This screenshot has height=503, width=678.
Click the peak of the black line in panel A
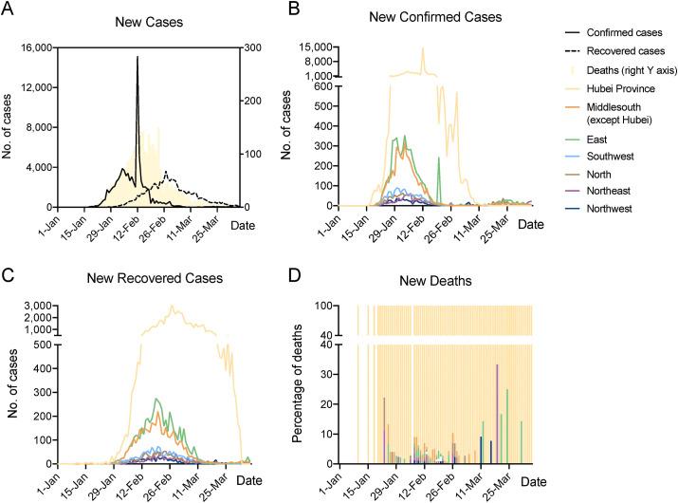click(x=137, y=57)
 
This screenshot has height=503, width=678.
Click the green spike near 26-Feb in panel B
click(x=439, y=159)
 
